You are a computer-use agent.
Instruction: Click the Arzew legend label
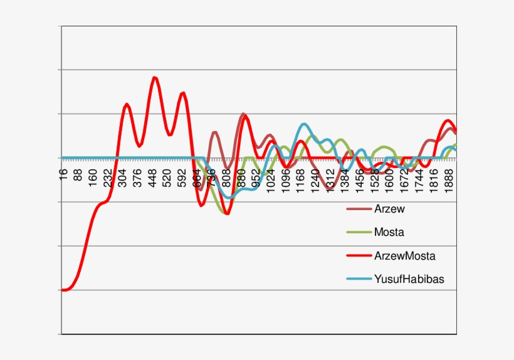pos(389,209)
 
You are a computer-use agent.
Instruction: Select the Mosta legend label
pos(389,233)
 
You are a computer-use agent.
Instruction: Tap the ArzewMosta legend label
pos(404,256)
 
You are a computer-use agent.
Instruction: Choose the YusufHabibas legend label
pos(409,280)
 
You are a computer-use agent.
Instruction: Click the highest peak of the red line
pos(154,77)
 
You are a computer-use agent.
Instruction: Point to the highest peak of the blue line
pos(304,124)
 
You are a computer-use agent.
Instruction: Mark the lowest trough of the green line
pos(224,213)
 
